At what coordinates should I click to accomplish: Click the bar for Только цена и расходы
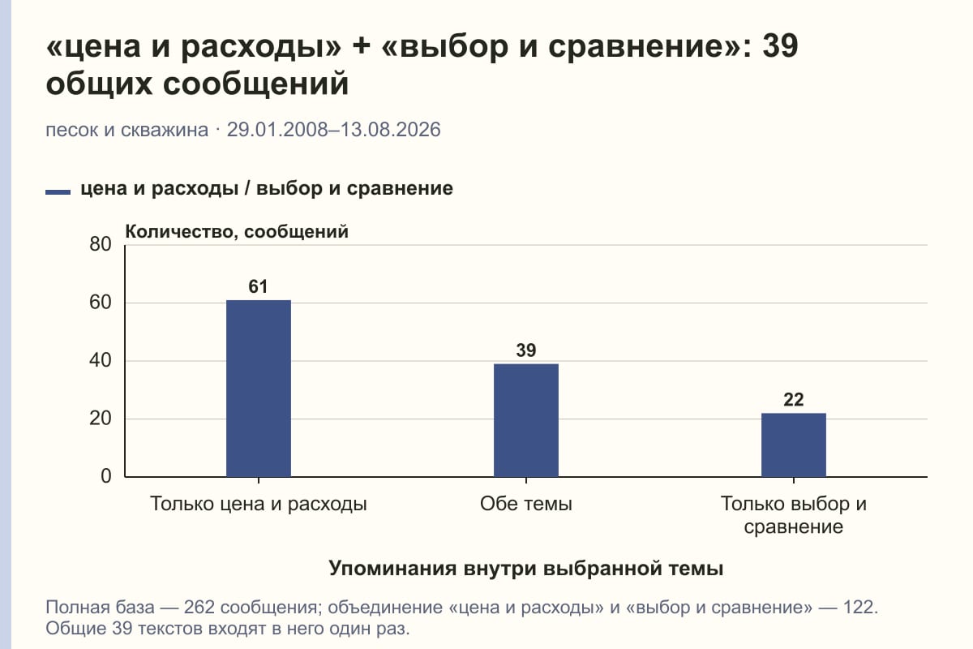click(259, 388)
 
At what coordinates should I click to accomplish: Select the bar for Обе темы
click(526, 420)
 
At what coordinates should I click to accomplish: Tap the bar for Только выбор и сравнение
click(794, 445)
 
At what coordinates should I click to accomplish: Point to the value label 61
click(258, 286)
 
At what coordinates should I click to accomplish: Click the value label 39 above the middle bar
click(526, 350)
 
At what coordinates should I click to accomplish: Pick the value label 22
click(794, 399)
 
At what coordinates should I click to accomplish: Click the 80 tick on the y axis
click(101, 244)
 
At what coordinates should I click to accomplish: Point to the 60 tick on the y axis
click(101, 303)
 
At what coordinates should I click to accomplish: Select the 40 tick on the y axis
click(101, 360)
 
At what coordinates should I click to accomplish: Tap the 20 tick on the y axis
click(101, 419)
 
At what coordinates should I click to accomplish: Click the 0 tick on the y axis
click(106, 476)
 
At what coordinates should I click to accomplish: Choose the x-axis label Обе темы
click(526, 504)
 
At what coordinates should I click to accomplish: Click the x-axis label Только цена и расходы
click(259, 504)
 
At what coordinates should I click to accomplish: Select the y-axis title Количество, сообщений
click(237, 232)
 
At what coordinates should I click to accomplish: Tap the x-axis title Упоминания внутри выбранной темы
click(526, 568)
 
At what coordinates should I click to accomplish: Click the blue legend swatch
click(58, 192)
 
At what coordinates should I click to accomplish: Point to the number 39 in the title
click(780, 45)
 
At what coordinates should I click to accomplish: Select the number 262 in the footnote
click(199, 608)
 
